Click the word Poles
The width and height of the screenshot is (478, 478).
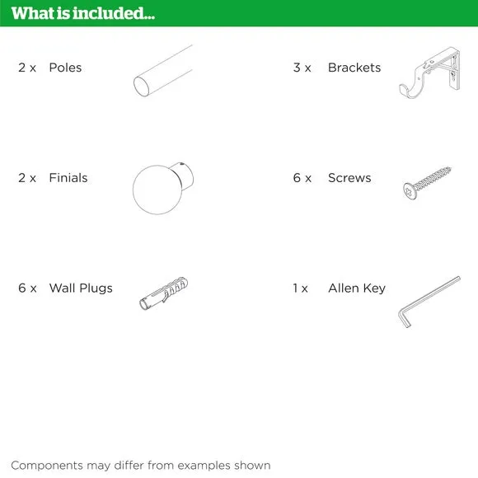(65, 68)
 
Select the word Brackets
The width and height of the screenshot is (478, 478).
(354, 68)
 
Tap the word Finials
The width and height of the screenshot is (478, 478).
(68, 178)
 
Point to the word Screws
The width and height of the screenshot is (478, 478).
(349, 178)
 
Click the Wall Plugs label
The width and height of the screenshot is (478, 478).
(81, 288)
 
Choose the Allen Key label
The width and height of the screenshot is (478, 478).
(357, 288)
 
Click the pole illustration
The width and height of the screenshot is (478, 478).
(163, 71)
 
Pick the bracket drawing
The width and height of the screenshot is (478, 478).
(429, 73)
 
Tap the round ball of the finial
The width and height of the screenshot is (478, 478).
(157, 190)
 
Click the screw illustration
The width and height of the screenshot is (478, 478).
(427, 183)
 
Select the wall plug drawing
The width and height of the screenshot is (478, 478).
(164, 293)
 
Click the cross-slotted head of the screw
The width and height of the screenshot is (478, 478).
(409, 191)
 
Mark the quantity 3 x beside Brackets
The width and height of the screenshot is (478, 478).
(302, 68)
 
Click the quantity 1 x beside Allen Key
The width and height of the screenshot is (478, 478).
(300, 288)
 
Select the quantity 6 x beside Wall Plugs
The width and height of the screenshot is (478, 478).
(27, 288)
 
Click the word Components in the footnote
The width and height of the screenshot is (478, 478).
(47, 466)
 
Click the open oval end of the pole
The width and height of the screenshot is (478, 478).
(142, 87)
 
